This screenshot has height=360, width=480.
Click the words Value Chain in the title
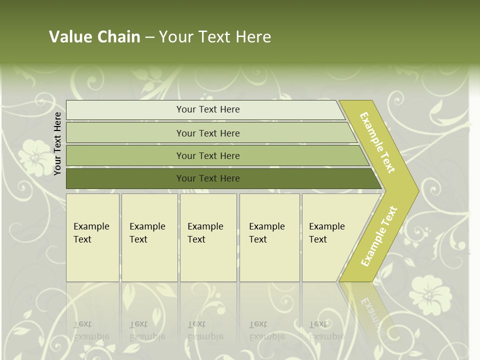(x=94, y=36)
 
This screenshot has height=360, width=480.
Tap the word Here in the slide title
(x=253, y=36)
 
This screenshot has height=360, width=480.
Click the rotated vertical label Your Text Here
(x=57, y=143)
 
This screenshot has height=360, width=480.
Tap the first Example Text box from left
(x=92, y=237)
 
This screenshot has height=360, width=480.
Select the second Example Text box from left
(x=149, y=237)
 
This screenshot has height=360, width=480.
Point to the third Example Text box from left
(x=208, y=237)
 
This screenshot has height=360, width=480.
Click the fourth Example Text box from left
(x=269, y=237)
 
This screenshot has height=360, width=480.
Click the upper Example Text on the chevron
(x=378, y=142)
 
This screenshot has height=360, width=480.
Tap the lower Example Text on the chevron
(x=379, y=236)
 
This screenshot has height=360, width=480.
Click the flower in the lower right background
(x=428, y=295)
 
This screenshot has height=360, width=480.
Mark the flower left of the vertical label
(x=33, y=155)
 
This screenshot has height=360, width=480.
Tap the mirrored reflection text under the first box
(x=91, y=330)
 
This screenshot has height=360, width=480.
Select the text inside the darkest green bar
(x=208, y=178)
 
